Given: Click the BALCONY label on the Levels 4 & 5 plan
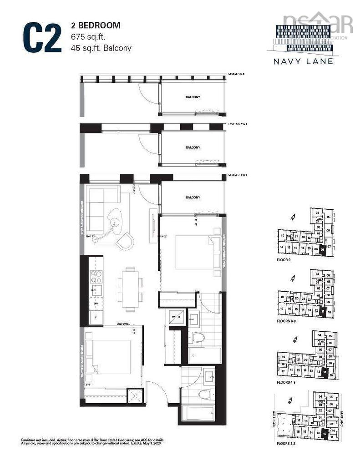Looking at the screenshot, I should tap(193, 97).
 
